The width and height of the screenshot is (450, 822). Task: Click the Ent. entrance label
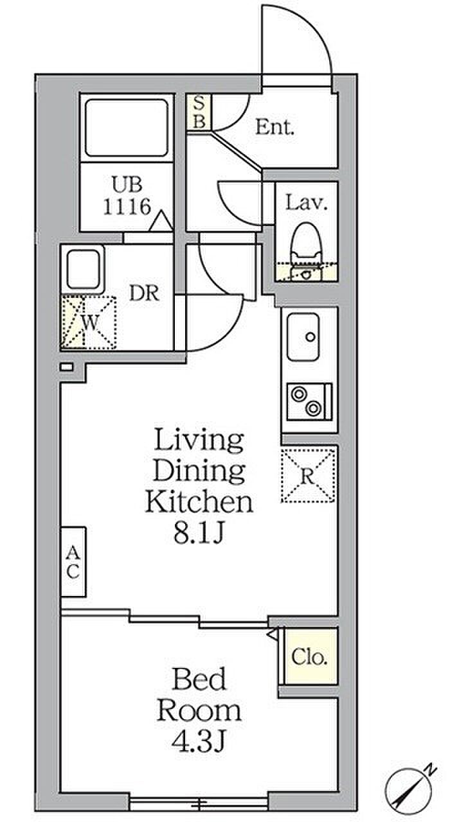tap(274, 128)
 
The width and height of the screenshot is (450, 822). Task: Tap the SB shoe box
tap(199, 112)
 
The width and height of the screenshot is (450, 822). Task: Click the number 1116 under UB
tap(127, 207)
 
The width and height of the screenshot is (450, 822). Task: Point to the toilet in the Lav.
tap(306, 251)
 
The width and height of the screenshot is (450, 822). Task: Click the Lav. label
tap(307, 203)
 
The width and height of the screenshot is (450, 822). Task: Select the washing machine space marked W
tap(89, 322)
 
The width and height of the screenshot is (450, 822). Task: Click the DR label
tap(144, 293)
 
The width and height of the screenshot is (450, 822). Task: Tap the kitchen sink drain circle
tap(310, 336)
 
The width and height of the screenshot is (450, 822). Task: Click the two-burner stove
tap(309, 401)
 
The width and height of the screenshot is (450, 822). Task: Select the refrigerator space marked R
tap(308, 476)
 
